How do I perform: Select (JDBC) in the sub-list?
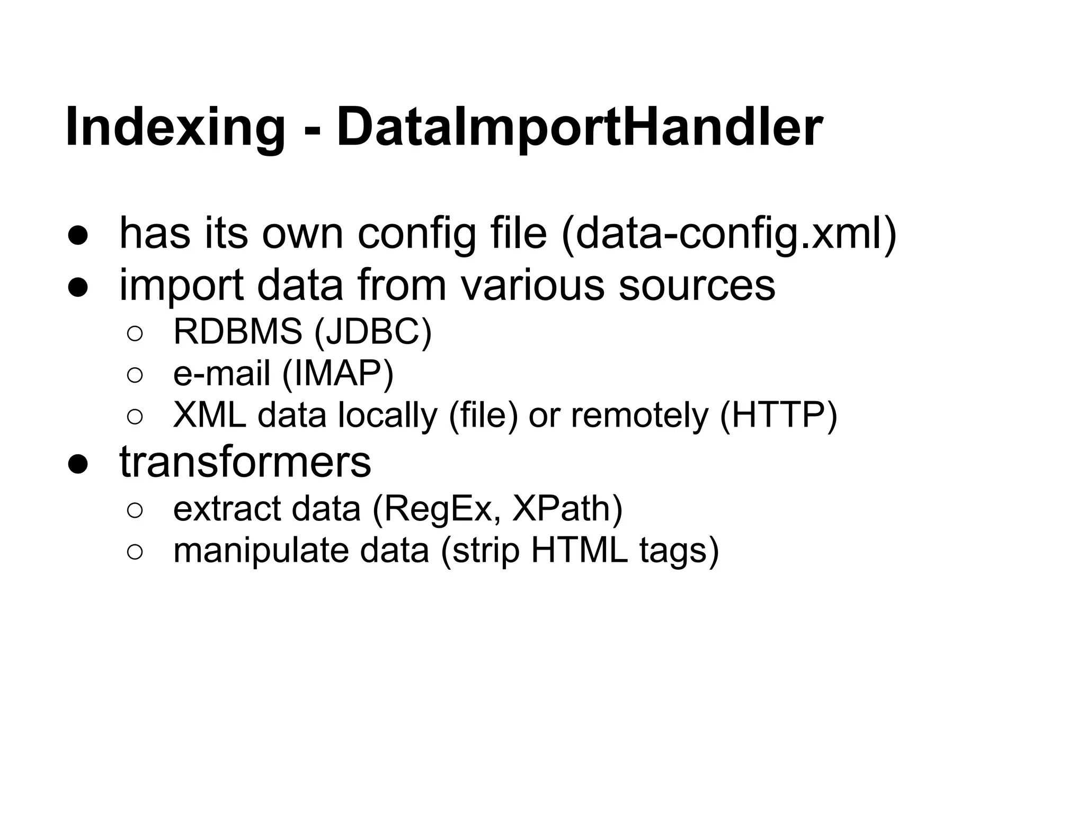(x=373, y=332)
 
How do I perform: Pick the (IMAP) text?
(x=338, y=373)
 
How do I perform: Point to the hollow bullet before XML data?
(x=135, y=417)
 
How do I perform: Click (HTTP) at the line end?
(x=778, y=414)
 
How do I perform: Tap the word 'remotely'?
(x=639, y=414)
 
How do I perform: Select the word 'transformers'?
(x=245, y=462)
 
